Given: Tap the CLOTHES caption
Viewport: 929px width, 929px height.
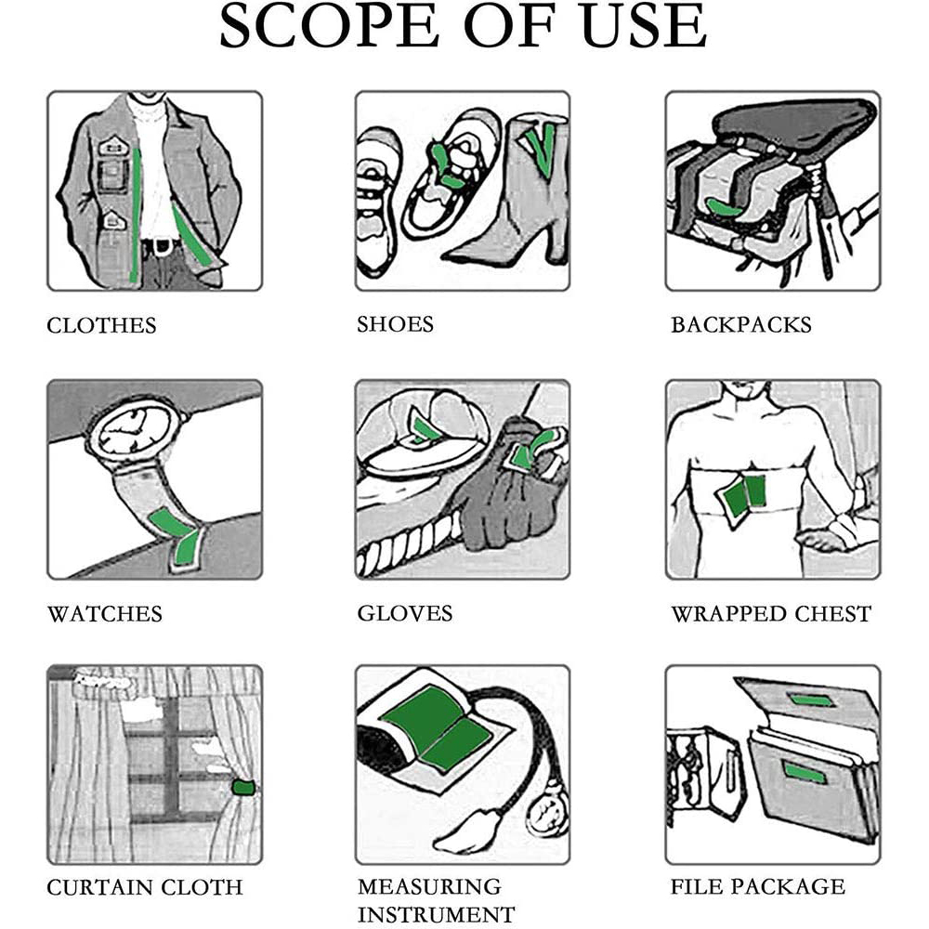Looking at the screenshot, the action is click(101, 325).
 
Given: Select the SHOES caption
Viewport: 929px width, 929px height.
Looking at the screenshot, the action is click(395, 324).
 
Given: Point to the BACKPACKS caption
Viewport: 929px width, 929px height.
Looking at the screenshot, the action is click(740, 324).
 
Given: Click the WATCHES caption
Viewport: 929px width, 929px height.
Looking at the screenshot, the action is click(105, 614).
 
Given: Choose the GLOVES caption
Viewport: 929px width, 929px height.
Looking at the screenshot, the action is click(405, 613).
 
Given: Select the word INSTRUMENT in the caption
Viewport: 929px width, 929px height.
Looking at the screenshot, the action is click(436, 914).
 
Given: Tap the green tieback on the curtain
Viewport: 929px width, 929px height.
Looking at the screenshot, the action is click(243, 788).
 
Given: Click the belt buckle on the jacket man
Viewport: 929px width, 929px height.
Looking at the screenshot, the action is click(158, 245).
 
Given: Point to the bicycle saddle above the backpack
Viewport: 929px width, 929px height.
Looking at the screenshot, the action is click(794, 122).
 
